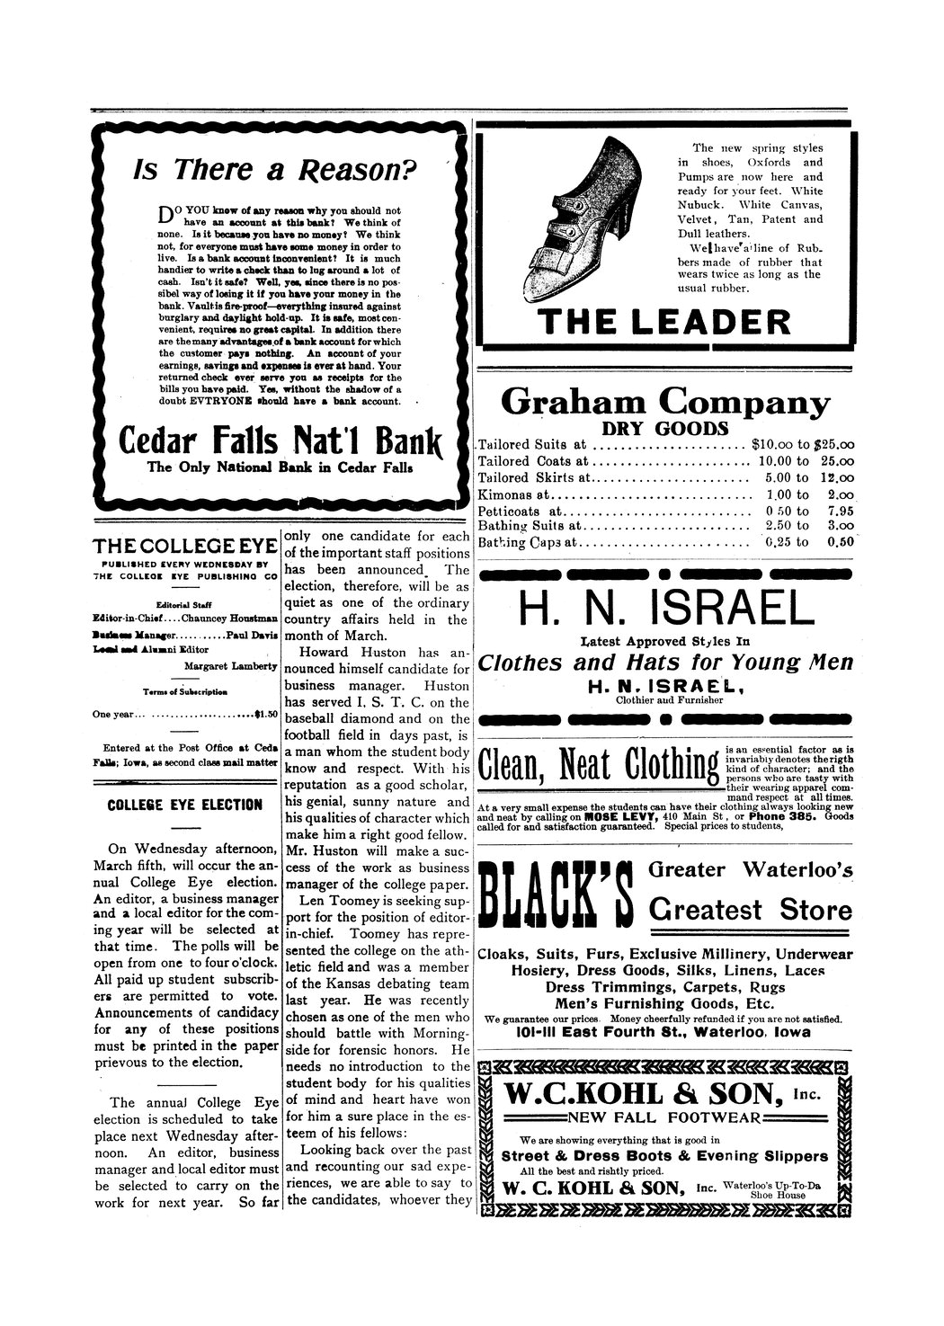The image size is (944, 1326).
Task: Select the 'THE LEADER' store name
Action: click(x=664, y=323)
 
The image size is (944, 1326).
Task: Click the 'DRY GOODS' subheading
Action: click(x=664, y=428)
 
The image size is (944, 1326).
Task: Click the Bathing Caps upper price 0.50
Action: click(x=839, y=542)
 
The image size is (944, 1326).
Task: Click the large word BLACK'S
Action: click(x=558, y=903)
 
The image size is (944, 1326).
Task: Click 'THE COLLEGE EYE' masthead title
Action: click(x=184, y=547)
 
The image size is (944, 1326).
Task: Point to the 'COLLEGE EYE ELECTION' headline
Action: click(x=184, y=805)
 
